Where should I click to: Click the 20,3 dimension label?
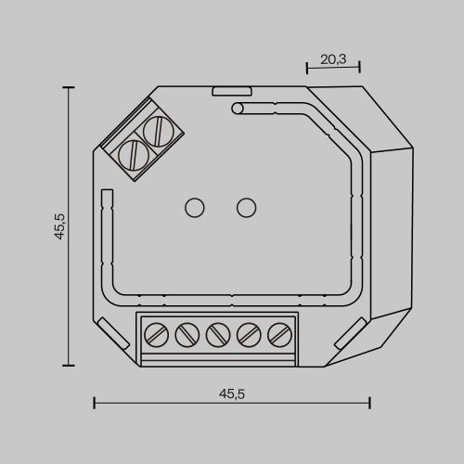point(333,58)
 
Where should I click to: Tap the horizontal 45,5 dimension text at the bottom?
point(231,393)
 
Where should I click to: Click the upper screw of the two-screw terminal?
point(160,129)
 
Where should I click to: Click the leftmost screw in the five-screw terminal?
point(156,332)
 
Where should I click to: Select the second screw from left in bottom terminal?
point(187,332)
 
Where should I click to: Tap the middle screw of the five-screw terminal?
point(217,332)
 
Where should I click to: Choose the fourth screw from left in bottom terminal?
point(248,332)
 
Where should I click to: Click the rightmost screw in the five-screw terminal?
point(278,332)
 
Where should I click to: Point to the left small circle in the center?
point(196,207)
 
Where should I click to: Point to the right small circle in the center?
point(246,207)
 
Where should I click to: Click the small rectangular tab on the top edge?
point(231,92)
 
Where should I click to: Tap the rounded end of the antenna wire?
point(238,110)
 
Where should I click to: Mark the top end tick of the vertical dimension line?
point(68,86)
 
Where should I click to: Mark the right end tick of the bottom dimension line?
point(369,403)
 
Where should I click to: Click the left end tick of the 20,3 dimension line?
point(306,68)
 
